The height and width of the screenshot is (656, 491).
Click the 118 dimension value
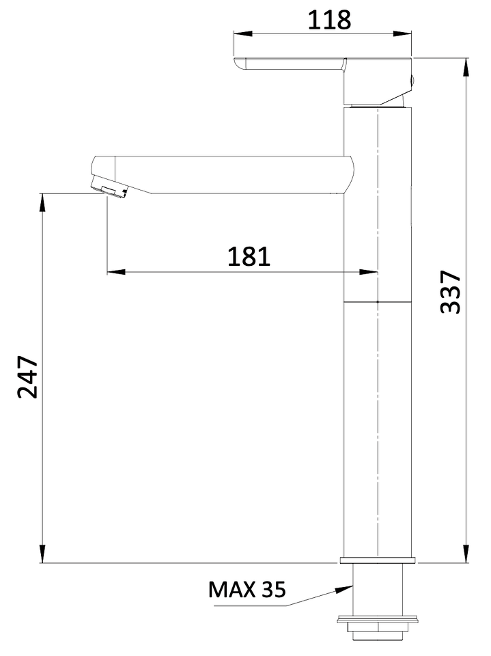click(x=329, y=20)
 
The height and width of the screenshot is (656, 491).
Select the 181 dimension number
click(x=249, y=256)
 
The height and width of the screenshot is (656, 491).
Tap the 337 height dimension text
click(x=451, y=292)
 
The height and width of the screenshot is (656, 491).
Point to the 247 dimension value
click(x=27, y=377)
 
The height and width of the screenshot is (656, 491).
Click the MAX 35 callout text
click(x=247, y=590)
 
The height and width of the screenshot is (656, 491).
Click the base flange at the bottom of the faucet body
click(x=378, y=560)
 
